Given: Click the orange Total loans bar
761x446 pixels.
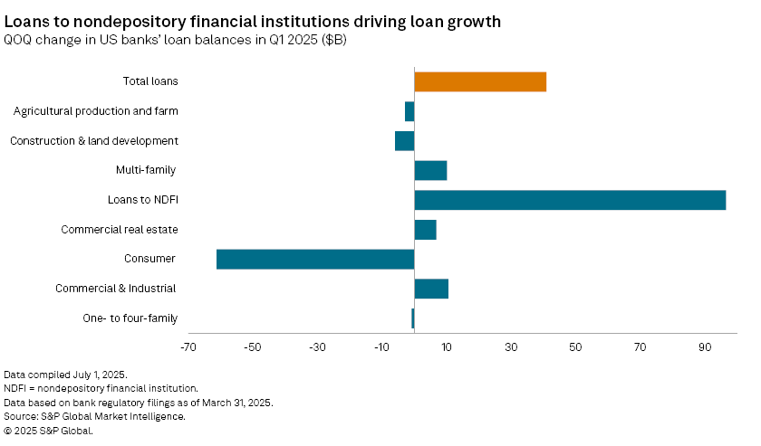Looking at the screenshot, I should coord(480,81).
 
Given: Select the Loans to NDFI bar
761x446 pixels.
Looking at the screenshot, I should coord(570,200).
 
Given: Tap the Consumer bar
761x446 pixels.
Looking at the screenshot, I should coord(315,259).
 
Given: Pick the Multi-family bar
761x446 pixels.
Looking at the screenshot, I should coord(430,170).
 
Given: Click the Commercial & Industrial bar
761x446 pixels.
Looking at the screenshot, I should coord(431,289).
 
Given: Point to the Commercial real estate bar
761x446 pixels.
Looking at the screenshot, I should coord(425,230).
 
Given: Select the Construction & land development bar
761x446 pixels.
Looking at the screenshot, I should coord(405,141).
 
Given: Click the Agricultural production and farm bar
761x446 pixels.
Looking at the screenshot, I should coord(409,111).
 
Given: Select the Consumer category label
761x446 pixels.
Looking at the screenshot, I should coord(149,259).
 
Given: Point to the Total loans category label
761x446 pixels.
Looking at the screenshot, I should coord(150,81).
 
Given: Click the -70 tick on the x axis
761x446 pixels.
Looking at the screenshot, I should coord(188,347).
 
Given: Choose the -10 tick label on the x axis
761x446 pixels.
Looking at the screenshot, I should coord(381,347).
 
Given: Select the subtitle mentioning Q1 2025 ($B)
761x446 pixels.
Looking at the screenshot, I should coord(176,40).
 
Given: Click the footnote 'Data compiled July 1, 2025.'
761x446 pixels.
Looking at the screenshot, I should coord(65,375).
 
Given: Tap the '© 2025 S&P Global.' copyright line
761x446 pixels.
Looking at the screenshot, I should coord(48,431).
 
